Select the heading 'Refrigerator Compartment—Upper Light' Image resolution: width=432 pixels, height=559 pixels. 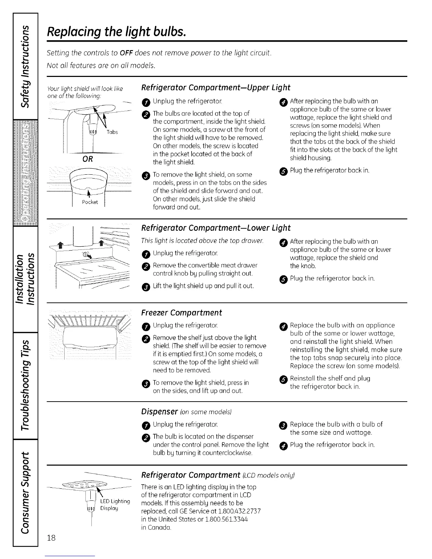coord(215,88)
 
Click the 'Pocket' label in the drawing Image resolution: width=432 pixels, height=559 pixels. coord(90,202)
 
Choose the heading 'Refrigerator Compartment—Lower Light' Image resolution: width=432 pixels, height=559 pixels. coord(216,228)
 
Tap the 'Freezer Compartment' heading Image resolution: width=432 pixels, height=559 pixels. coord(181,313)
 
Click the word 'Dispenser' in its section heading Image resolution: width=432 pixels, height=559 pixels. coord(159,411)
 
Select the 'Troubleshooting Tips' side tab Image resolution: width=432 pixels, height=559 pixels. coord(25,385)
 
